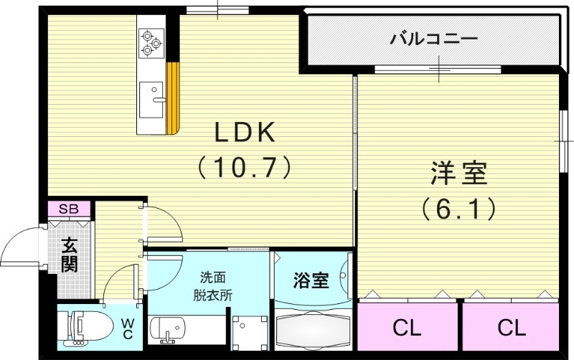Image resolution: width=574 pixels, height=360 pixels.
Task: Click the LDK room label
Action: coord(243,133)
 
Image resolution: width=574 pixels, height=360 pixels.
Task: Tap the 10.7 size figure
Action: coord(244,167)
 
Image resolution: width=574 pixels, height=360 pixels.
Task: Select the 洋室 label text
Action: coord(459,174)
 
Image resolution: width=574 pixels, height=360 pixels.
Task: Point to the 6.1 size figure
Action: coord(459,209)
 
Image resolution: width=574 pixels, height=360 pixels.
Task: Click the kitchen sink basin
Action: coord(152,98)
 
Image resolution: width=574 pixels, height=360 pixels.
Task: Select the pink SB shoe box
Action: coord(69,209)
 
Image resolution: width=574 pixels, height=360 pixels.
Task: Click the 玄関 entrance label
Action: coord(69,255)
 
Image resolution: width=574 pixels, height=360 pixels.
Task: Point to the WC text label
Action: coord(127,328)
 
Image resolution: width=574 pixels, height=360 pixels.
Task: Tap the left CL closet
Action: coord(406,328)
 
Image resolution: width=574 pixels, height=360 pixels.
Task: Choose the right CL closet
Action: coord(511,328)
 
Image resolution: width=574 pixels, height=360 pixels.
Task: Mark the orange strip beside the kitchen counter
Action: coord(172,98)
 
